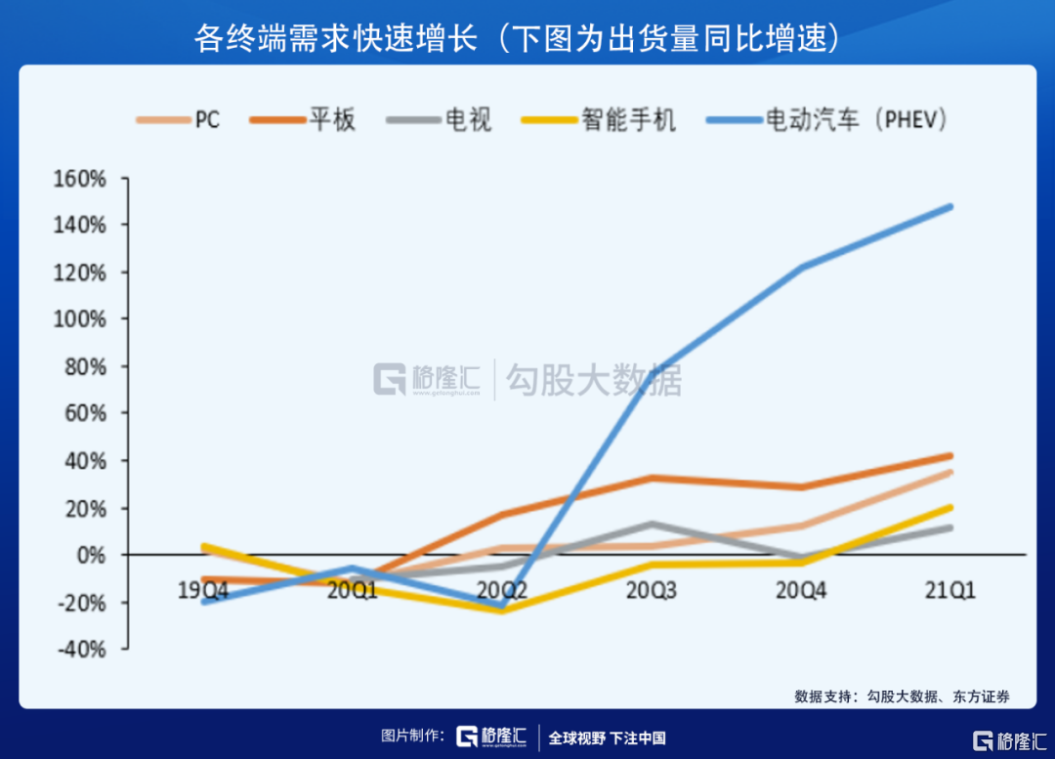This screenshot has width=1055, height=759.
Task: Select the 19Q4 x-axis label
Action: [202, 590]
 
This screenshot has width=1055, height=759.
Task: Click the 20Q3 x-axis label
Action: [651, 590]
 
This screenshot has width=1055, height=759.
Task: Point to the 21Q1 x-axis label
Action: [949, 590]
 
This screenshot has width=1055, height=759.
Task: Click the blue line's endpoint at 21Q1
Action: [949, 206]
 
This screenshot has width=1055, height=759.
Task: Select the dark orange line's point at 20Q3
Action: [652, 478]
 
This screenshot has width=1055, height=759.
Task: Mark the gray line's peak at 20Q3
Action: [652, 525]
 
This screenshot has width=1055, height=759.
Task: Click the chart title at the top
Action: [517, 38]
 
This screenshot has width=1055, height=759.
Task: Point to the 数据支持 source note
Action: [901, 696]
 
